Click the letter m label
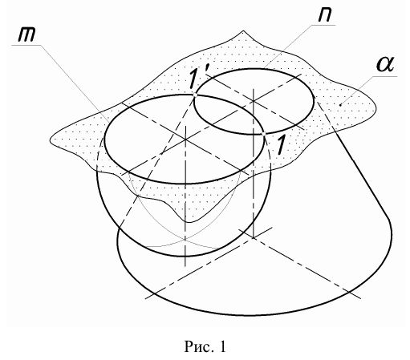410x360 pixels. (26, 34)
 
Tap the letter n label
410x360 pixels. (325, 14)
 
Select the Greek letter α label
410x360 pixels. (385, 65)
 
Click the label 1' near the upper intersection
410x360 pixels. (197, 79)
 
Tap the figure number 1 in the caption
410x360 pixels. (222, 346)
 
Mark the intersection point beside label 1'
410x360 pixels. (195, 95)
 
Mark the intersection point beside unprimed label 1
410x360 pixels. (263, 133)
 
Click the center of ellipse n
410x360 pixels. (254, 101)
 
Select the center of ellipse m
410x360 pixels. (185, 140)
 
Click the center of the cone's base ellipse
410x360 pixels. (253, 237)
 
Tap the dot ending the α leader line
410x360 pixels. (340, 105)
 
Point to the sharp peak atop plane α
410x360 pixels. (243, 31)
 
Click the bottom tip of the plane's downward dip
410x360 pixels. (189, 222)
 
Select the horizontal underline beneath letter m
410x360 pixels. (26, 46)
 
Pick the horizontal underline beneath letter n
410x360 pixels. (323, 26)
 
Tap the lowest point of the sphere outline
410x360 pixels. (185, 257)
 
